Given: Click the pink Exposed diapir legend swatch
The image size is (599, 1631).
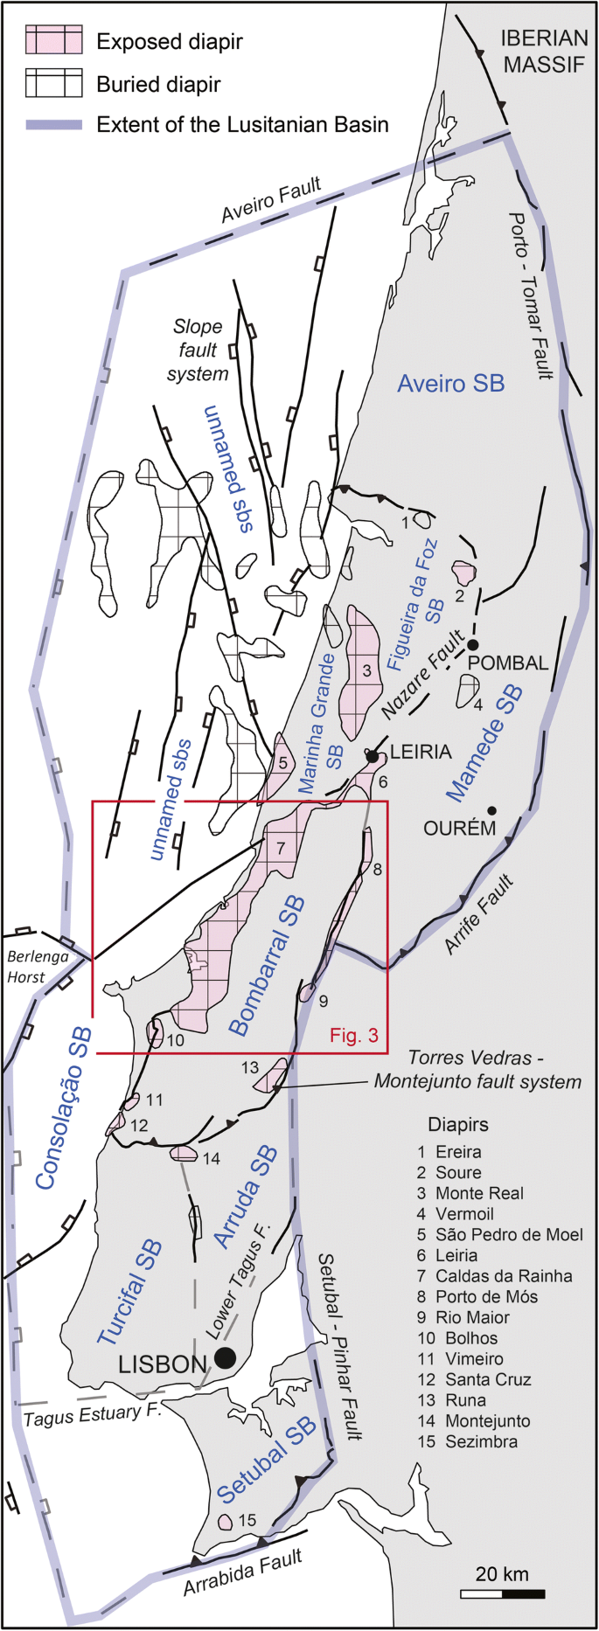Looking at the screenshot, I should [53, 40].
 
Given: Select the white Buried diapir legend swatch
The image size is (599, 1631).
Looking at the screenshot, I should [53, 84].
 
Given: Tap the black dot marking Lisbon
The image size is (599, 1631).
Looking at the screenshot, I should [225, 1357].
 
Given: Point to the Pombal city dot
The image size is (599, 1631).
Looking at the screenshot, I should [473, 644].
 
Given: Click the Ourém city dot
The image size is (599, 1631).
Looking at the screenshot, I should [492, 810].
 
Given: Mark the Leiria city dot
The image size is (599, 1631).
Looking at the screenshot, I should [373, 755].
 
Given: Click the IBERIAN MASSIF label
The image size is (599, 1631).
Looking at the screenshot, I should [544, 51].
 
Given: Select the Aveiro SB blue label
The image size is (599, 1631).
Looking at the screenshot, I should [450, 383].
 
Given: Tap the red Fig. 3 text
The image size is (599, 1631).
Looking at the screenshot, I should [353, 1036].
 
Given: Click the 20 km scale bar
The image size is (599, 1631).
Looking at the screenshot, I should [502, 1593].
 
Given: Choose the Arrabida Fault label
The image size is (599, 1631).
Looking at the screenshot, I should [242, 1570].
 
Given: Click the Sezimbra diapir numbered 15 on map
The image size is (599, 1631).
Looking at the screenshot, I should [226, 1522].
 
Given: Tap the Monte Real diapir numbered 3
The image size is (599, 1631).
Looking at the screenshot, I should [360, 669].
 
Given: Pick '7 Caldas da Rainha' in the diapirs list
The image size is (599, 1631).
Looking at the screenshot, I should [494, 1275].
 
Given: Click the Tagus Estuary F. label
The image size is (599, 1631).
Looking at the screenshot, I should [82, 1413].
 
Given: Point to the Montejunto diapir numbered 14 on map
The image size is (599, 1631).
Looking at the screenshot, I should [184, 1154].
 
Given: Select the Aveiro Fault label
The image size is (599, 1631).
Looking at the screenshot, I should [271, 199].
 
